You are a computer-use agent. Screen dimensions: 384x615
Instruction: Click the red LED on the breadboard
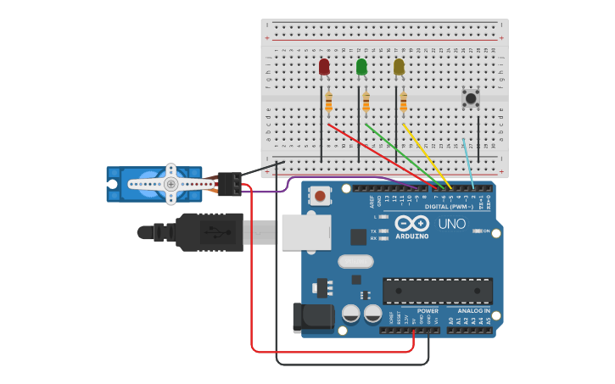[324, 67]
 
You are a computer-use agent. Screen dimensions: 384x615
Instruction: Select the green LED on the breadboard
[361, 67]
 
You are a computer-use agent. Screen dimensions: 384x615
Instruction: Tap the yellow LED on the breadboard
[399, 67]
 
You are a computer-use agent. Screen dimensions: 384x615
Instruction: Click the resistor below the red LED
[328, 103]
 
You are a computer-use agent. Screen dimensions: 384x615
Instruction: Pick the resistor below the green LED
[366, 103]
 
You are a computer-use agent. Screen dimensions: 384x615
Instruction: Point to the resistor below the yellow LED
[403, 103]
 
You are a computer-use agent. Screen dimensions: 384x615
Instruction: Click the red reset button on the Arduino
[320, 197]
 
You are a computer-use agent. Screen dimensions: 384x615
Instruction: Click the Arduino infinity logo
[411, 224]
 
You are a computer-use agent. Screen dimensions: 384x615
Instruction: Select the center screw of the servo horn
[171, 184]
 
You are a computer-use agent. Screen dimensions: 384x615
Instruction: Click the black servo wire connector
[229, 184]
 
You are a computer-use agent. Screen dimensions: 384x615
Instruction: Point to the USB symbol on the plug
[215, 231]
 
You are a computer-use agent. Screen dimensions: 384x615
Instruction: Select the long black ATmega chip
[437, 291]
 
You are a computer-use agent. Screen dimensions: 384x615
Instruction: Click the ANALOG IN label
[474, 311]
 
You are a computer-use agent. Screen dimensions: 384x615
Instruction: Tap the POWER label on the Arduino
[428, 311]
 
